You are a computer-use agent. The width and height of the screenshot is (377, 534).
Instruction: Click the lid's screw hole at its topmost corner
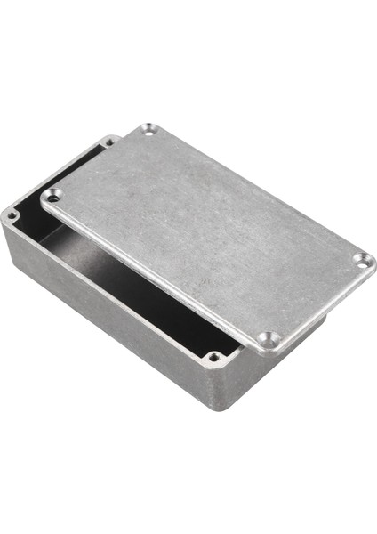coord(147,131)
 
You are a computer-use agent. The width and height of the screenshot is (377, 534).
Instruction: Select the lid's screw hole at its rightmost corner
coord(360,260)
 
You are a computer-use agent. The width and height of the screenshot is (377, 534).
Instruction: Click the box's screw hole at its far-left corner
coord(12,215)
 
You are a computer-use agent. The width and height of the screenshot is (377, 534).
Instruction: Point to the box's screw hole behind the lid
coord(109,141)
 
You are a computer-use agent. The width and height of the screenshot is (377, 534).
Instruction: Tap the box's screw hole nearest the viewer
coord(213,358)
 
